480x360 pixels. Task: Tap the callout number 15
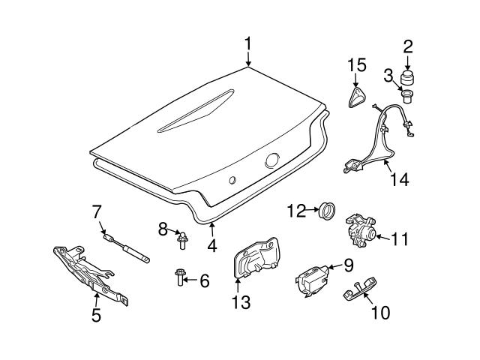click(x=356, y=65)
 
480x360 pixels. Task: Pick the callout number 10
click(x=380, y=312)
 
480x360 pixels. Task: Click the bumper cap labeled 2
click(x=409, y=79)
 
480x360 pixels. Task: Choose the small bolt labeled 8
click(x=181, y=238)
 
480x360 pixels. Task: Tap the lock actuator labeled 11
click(x=360, y=232)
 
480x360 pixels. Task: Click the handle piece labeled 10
click(x=358, y=290)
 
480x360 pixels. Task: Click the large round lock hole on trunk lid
click(x=271, y=160)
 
